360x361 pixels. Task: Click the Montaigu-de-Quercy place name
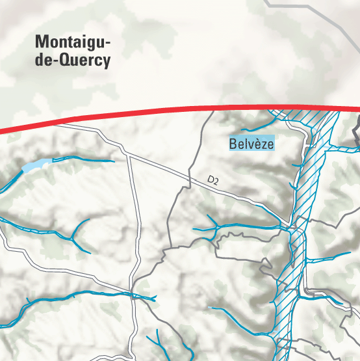(73, 51)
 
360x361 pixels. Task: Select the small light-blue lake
(36, 165)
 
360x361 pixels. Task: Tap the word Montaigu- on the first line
(73, 42)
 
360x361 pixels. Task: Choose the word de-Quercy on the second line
(73, 61)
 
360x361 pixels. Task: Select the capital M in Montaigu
(42, 42)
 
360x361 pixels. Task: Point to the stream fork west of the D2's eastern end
(214, 228)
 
